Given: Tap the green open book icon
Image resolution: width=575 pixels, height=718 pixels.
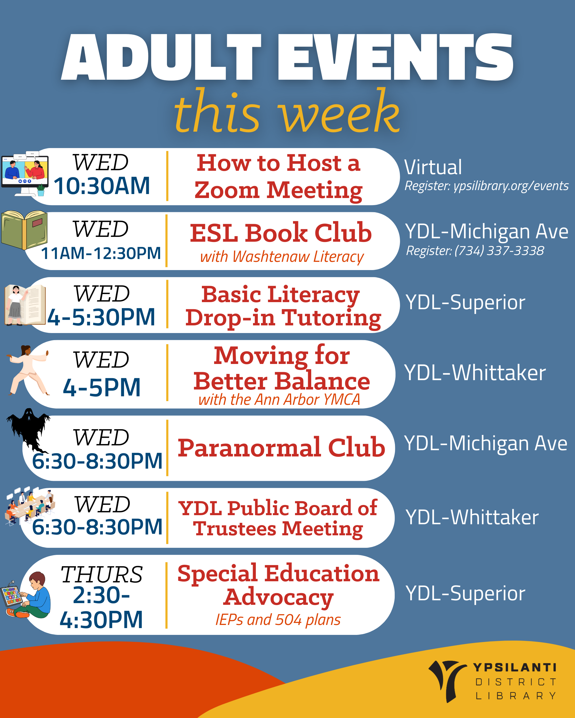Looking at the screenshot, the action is point(24,230).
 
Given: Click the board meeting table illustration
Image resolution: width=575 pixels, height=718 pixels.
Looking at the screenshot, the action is point(29,506).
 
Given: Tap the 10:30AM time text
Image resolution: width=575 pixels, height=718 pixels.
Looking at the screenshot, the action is point(102,186).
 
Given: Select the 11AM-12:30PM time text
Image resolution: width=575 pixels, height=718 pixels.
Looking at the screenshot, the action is point(101,253).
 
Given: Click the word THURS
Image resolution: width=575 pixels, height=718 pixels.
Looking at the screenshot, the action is point(102,574).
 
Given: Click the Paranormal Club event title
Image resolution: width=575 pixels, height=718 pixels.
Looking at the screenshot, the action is point(281,447).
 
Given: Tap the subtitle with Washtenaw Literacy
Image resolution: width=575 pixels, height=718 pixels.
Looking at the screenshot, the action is point(282,257).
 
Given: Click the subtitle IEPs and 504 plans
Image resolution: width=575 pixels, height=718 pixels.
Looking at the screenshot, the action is point(278,620).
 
